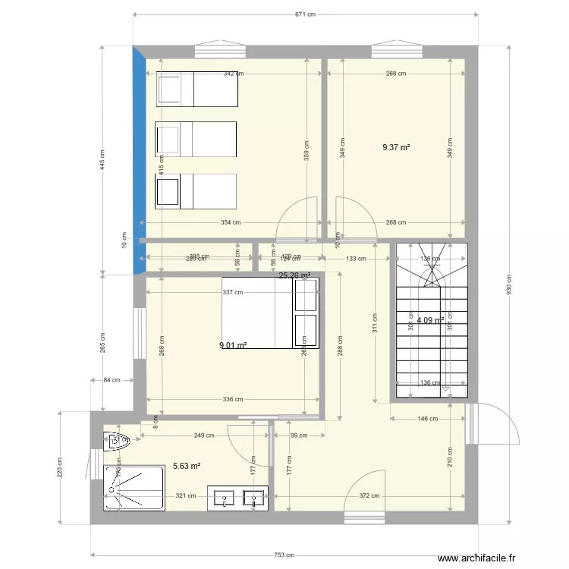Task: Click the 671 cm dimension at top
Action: [305, 14]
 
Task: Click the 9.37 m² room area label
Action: [396, 148]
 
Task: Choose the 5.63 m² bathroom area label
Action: [187, 467]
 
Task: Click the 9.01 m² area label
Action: [233, 345]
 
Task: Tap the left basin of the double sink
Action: [225, 498]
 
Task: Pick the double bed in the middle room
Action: [270, 313]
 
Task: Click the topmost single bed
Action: [196, 89]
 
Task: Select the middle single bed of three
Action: [196, 140]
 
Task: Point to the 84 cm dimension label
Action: [111, 381]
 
